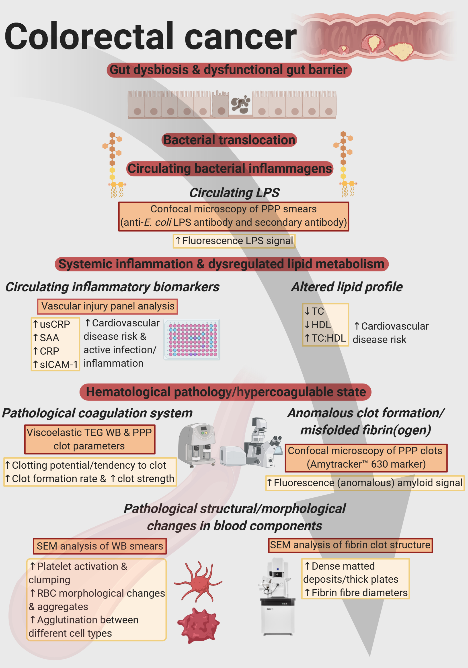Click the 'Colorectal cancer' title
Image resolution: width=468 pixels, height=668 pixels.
click(x=150, y=36)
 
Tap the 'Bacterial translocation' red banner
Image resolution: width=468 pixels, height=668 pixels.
click(x=229, y=140)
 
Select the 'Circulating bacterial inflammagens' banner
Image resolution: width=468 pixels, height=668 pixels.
click(x=230, y=169)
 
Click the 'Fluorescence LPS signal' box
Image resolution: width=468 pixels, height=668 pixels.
click(x=234, y=241)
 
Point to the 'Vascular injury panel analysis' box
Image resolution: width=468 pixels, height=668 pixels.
click(x=107, y=306)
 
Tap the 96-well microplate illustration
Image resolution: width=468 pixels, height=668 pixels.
click(x=192, y=340)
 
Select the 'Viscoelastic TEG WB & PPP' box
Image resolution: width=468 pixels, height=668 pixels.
click(x=90, y=439)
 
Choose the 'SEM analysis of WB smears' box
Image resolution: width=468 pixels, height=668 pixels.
click(x=100, y=546)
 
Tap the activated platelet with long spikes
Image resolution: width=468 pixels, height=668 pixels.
click(x=199, y=581)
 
